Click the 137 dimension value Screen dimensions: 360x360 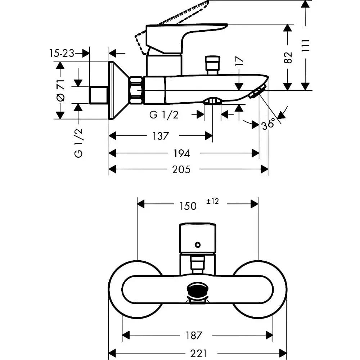(x=161, y=136)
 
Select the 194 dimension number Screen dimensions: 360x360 (x=181, y=153)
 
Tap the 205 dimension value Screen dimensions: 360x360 (x=181, y=170)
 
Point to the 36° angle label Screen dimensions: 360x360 (x=268, y=124)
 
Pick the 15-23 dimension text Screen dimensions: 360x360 (x=62, y=54)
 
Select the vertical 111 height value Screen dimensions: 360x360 (x=306, y=46)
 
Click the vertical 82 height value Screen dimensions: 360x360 (x=288, y=58)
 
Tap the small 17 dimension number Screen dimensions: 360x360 (x=239, y=61)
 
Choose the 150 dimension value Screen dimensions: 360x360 (x=188, y=206)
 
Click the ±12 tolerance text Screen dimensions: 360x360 (x=212, y=201)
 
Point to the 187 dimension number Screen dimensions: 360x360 (x=194, y=336)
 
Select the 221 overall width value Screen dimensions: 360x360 (x=198, y=354)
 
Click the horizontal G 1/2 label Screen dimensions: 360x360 (x=164, y=115)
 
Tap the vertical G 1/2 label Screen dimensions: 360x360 (x=78, y=143)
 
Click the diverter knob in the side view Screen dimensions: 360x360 (x=213, y=65)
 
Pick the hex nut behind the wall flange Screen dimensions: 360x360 (x=136, y=90)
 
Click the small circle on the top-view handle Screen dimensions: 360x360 (x=197, y=245)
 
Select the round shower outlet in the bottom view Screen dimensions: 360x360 (x=198, y=290)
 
